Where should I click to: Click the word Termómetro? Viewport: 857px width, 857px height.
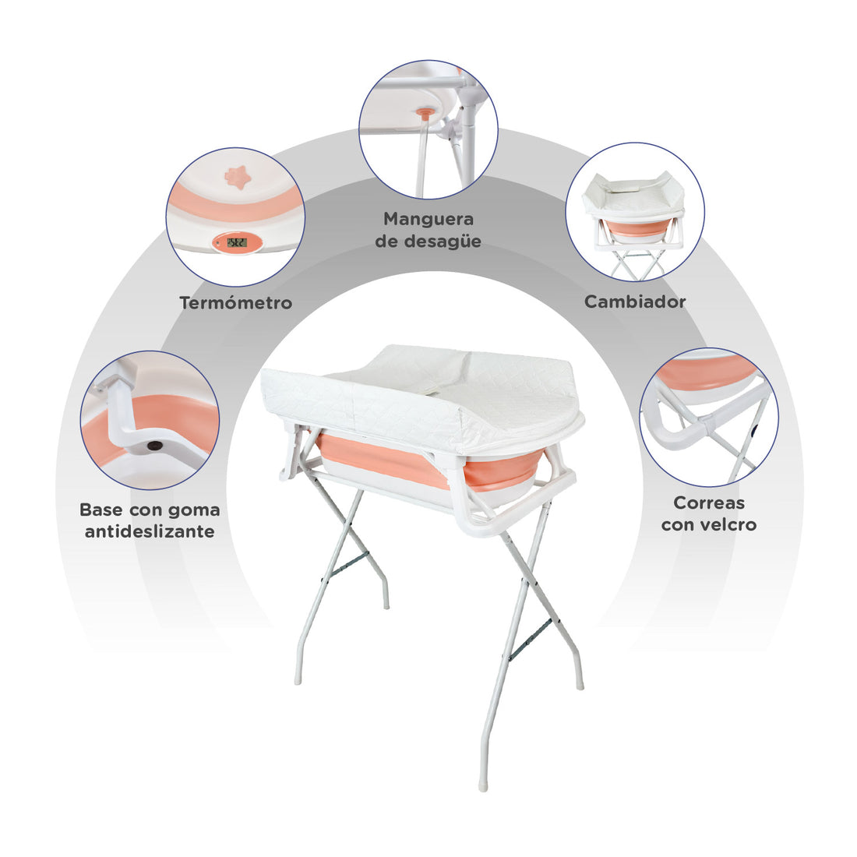[x=235, y=303]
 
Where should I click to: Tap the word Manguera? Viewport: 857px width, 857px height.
[x=428, y=219]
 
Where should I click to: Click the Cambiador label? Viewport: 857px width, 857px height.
[x=634, y=302]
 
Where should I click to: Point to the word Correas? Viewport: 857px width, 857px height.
[x=709, y=503]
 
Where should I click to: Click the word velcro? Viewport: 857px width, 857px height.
[x=728, y=524]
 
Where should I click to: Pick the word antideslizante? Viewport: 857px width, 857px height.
[x=150, y=531]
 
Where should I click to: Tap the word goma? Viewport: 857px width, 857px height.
[x=194, y=510]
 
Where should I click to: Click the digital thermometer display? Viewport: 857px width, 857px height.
[x=237, y=242]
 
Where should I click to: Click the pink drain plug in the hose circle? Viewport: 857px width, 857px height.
[x=427, y=113]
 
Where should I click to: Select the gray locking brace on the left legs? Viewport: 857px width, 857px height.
[x=351, y=565]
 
